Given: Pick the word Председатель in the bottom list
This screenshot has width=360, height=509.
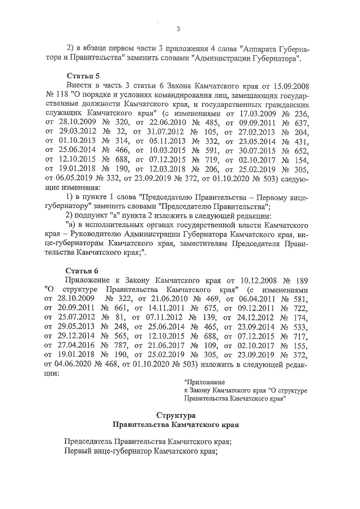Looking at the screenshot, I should pyautogui.click(x=93, y=442).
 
